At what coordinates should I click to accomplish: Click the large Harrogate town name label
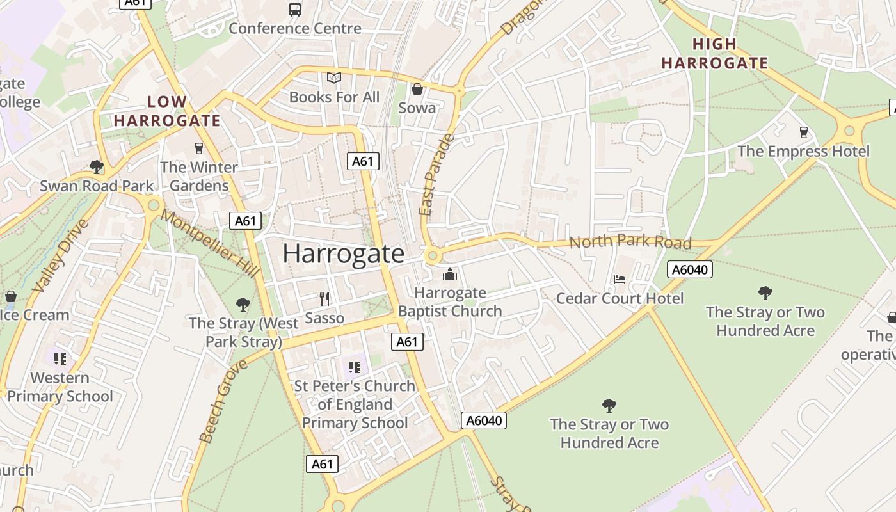[x=344, y=254]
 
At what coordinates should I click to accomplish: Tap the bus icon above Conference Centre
[x=295, y=10]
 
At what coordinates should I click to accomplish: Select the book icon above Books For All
[x=334, y=78]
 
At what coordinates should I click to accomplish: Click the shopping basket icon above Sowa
[x=417, y=89]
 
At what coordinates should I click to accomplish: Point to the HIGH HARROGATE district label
[x=714, y=54]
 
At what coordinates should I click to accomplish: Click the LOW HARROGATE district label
[x=167, y=111]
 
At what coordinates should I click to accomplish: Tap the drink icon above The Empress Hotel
[x=804, y=132]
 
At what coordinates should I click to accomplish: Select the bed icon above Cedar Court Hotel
[x=620, y=280]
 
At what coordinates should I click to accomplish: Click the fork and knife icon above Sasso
[x=324, y=298]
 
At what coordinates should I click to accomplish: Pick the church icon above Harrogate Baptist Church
[x=450, y=274]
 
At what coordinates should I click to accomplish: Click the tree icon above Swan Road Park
[x=97, y=167]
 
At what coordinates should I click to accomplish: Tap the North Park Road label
[x=630, y=242]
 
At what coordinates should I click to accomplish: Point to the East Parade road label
[x=436, y=174]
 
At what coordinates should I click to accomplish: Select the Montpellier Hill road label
[x=210, y=243]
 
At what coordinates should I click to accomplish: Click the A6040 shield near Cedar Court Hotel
[x=689, y=269]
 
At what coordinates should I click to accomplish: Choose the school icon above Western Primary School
[x=60, y=358]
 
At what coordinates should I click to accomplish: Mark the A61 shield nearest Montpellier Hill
[x=245, y=221]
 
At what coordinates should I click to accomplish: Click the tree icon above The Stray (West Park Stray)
[x=243, y=304]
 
